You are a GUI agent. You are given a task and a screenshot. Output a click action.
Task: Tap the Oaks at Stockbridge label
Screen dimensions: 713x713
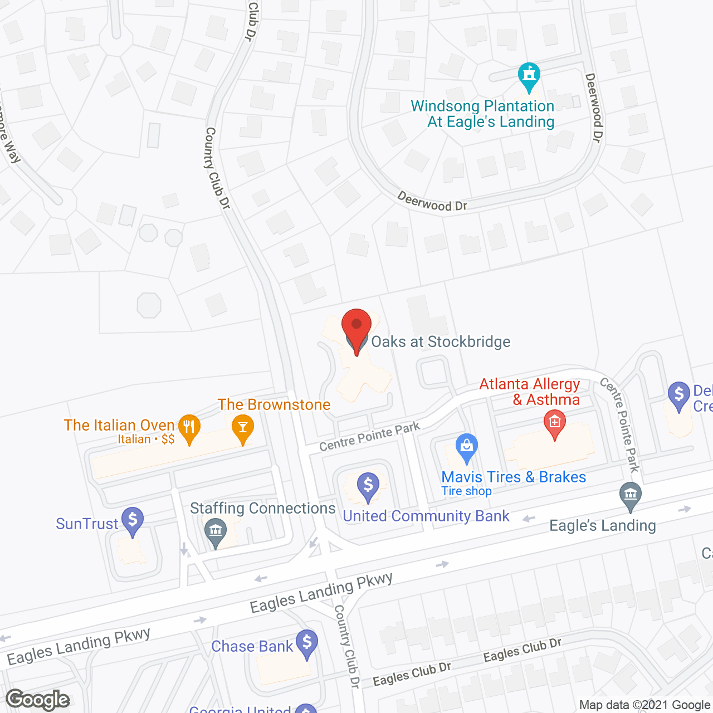pyautogui.click(x=441, y=341)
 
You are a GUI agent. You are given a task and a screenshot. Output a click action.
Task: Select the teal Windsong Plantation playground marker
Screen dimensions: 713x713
pyautogui.click(x=529, y=76)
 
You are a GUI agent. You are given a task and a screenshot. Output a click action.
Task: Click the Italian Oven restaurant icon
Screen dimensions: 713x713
pyautogui.click(x=189, y=428)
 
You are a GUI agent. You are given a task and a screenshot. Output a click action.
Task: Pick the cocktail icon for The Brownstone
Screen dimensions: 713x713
pyautogui.click(x=242, y=428)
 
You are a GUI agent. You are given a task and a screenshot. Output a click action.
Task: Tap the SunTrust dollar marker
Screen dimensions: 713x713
pyautogui.click(x=133, y=521)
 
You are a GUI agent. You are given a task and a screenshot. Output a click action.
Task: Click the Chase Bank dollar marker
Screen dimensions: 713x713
pyautogui.click(x=307, y=643)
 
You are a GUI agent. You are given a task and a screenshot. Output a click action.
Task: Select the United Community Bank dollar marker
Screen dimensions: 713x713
pyautogui.click(x=368, y=486)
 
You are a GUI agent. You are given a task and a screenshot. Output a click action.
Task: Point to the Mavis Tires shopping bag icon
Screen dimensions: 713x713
pyautogui.click(x=467, y=447)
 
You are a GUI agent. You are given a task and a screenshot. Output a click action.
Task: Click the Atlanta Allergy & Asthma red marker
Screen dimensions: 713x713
pyautogui.click(x=554, y=424)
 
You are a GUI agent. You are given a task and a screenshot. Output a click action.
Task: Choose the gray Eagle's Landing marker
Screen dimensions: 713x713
pyautogui.click(x=630, y=495)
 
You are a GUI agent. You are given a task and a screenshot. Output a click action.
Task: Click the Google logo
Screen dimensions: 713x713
pyautogui.click(x=38, y=700)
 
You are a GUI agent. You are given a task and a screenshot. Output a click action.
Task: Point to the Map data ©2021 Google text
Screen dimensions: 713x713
pyautogui.click(x=644, y=705)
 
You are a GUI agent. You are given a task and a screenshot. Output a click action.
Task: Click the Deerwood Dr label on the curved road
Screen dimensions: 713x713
pyautogui.click(x=432, y=202)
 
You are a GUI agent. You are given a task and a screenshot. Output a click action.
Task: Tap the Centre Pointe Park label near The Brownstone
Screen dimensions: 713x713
pyautogui.click(x=370, y=437)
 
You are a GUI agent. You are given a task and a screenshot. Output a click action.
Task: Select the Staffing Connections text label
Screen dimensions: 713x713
pyautogui.click(x=262, y=508)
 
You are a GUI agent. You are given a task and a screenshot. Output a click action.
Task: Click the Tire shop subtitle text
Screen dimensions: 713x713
pyautogui.click(x=466, y=491)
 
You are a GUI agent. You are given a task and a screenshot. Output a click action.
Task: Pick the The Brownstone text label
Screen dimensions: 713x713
pyautogui.click(x=274, y=404)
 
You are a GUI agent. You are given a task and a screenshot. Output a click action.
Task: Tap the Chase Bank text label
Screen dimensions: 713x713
pyautogui.click(x=252, y=646)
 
